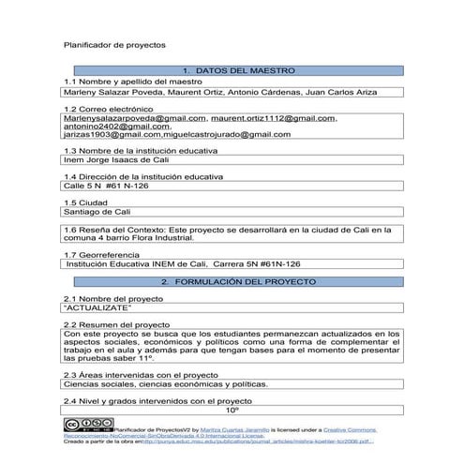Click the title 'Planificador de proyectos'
coord(113,44)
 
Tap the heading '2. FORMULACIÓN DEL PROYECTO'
coord(232,281)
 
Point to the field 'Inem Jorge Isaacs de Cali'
coord(115,159)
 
